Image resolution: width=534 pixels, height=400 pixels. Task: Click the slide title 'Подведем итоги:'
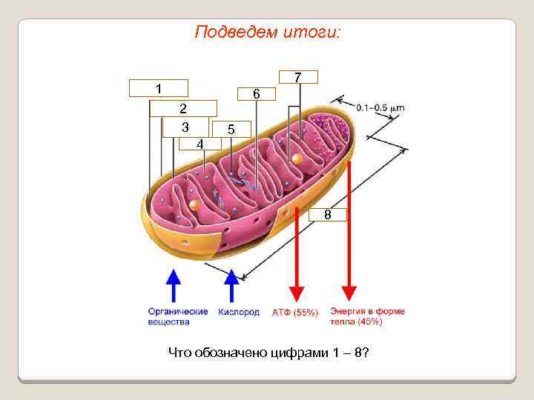267,33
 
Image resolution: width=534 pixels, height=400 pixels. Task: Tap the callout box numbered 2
183,109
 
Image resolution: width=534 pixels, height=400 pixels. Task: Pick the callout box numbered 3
185,126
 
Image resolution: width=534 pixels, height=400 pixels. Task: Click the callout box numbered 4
200,143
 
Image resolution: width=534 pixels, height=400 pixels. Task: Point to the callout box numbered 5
256,94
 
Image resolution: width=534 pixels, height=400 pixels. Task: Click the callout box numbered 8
327,215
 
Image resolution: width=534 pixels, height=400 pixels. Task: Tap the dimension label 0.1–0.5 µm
380,107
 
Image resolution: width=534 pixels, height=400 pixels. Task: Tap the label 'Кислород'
239,312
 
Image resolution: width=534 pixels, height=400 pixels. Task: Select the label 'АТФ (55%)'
295,313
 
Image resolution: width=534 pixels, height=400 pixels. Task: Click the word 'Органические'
178,312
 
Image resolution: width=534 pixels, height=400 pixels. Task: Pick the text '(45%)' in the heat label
369,321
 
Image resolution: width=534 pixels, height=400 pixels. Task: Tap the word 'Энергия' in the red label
347,311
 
